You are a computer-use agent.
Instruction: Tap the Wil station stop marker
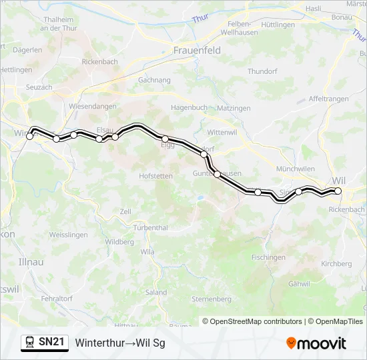(338, 191)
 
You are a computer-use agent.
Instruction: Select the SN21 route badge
(45, 342)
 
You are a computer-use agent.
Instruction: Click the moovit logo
(316, 343)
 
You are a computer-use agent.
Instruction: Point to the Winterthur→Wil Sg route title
(120, 343)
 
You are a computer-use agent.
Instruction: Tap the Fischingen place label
(268, 257)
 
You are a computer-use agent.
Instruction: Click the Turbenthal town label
(150, 227)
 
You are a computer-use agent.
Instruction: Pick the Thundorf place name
(262, 71)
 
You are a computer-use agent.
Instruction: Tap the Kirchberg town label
(336, 263)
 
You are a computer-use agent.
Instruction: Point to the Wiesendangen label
(93, 106)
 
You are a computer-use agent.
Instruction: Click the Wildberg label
(119, 242)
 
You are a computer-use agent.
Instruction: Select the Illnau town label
(31, 262)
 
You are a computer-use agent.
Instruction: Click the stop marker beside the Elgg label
(165, 139)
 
